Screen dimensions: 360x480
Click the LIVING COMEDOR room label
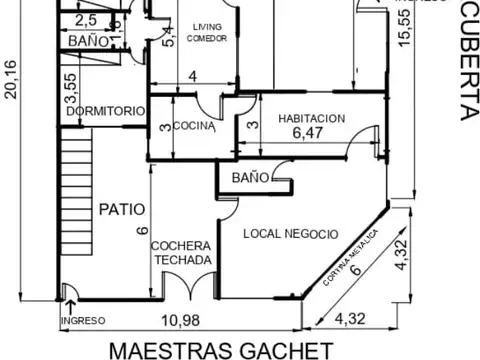point(207,33)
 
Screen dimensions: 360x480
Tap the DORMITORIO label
point(100,112)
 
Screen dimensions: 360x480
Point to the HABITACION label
point(312,117)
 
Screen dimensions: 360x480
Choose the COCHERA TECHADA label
point(181,253)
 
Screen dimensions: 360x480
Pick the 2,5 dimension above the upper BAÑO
point(86,19)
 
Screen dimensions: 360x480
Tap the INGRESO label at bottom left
point(83,321)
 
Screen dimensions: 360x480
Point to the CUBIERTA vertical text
point(465,60)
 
